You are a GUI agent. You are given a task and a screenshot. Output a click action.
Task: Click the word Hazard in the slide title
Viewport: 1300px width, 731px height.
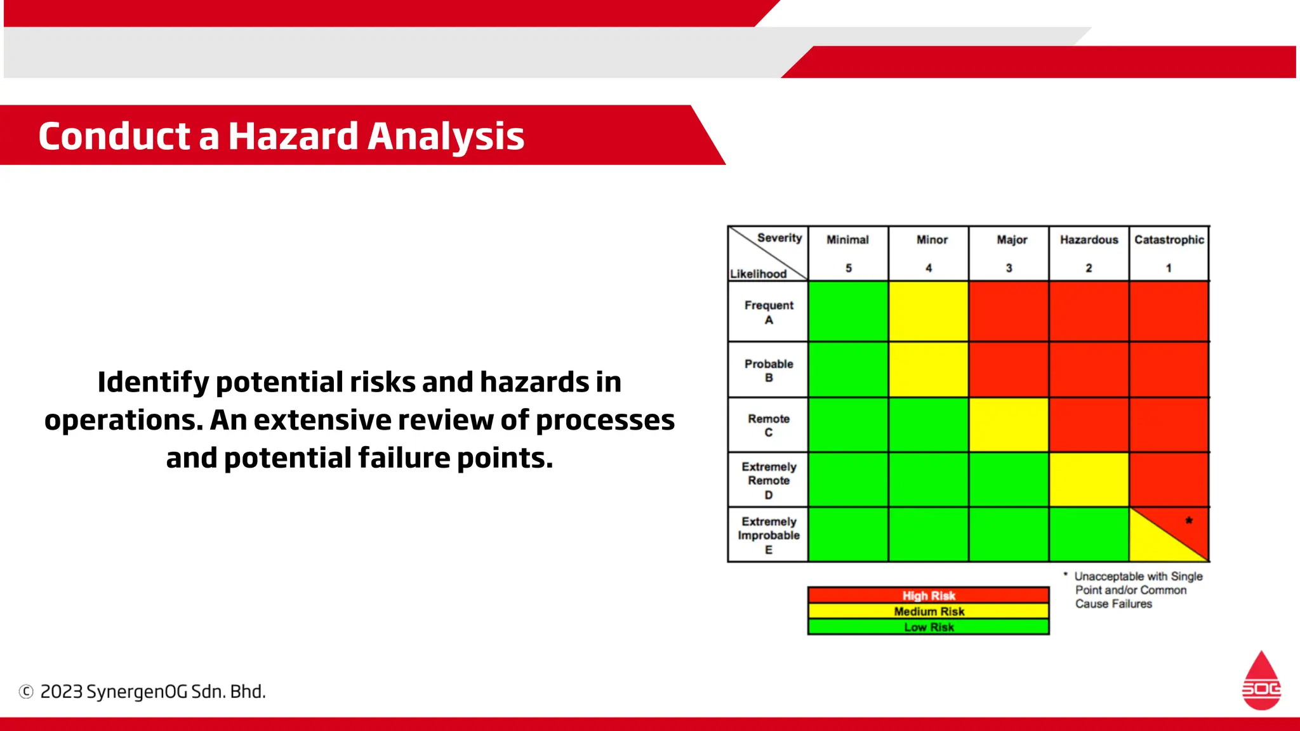click(x=293, y=136)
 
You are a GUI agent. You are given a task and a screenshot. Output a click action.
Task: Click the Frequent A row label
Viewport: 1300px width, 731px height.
click(x=768, y=312)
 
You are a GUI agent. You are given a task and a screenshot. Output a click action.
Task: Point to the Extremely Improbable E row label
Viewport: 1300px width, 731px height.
click(x=768, y=535)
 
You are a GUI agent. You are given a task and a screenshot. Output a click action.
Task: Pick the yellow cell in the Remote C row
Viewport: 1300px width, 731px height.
click(x=1009, y=425)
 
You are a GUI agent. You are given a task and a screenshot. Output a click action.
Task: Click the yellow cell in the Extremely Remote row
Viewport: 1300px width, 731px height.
click(x=1089, y=480)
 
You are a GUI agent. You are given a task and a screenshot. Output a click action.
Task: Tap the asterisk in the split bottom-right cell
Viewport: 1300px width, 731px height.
click(x=1189, y=520)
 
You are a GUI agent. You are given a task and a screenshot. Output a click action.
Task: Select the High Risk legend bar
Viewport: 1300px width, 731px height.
click(x=928, y=595)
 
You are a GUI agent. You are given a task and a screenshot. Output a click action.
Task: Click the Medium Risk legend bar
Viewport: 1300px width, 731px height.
click(x=928, y=611)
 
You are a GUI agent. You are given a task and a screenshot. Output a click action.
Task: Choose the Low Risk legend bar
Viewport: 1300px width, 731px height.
click(x=928, y=627)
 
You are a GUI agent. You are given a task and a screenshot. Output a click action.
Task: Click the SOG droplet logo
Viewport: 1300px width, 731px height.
click(x=1261, y=682)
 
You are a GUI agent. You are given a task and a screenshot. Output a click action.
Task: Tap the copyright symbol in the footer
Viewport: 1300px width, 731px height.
click(x=26, y=692)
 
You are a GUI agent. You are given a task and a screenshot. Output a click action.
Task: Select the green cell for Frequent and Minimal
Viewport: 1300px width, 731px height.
click(x=848, y=312)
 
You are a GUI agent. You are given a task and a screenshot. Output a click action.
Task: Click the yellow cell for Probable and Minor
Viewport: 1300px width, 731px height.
click(x=928, y=369)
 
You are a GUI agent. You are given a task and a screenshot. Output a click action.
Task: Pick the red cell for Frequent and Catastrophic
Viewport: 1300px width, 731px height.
click(x=1169, y=312)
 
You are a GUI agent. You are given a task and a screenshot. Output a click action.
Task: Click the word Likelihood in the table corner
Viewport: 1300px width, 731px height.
click(x=758, y=274)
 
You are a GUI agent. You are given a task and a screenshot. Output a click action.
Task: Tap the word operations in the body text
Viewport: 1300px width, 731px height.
click(x=123, y=421)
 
